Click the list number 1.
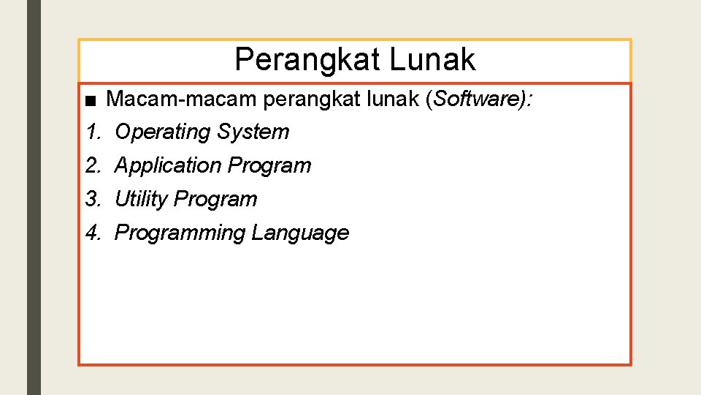[x=93, y=132]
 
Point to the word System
[x=253, y=132]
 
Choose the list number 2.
[x=93, y=166]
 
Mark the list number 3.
[x=93, y=200]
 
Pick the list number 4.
[x=93, y=233]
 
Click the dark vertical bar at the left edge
[x=34, y=197]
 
